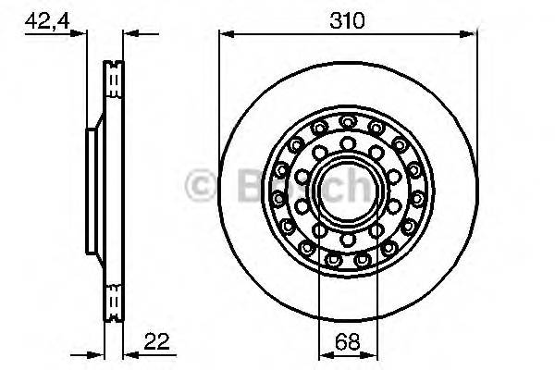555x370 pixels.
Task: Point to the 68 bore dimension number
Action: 348,342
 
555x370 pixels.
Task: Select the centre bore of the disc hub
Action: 348,191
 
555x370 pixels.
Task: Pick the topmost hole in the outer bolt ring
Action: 348,121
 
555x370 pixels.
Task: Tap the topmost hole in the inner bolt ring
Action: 348,143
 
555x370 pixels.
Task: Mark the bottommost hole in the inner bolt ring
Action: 348,240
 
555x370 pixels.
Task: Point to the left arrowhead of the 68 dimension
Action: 322,354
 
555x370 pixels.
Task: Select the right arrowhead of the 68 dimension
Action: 374,354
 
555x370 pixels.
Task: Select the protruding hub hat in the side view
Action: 91,191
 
